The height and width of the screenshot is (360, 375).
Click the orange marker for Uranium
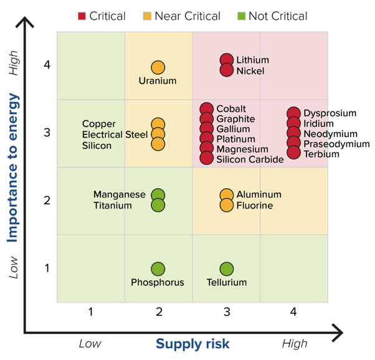(x=158, y=67)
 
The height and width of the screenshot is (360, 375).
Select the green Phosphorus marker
(x=158, y=269)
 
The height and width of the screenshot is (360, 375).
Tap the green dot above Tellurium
(x=227, y=269)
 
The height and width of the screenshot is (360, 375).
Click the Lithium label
(x=252, y=60)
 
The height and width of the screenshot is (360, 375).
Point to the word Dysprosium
(x=330, y=113)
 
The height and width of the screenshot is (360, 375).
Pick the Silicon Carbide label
(x=250, y=159)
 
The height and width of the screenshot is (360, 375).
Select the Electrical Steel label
(x=115, y=134)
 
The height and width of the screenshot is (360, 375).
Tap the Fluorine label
(x=255, y=205)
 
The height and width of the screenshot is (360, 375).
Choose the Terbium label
(x=321, y=154)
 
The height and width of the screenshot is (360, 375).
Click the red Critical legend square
(x=81, y=16)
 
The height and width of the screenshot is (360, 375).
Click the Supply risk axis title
(x=192, y=344)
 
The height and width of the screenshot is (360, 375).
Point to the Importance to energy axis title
(x=12, y=168)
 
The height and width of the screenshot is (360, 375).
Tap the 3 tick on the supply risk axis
(x=227, y=311)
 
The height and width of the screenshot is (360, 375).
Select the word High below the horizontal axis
(x=294, y=344)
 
